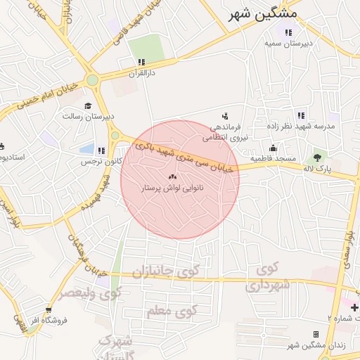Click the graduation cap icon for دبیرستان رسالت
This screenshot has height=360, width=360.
(89, 105)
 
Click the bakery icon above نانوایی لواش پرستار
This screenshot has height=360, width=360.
(172, 176)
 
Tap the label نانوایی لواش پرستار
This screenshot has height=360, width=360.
(172, 188)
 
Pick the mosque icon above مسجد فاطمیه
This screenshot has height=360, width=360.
(273, 148)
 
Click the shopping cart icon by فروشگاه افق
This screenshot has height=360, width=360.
(49, 309)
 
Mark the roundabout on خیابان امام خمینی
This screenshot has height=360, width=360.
(92, 79)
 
